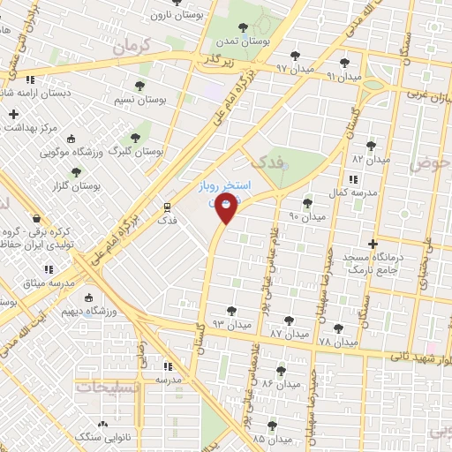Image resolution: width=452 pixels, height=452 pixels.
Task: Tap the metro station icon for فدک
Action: [x=165, y=207]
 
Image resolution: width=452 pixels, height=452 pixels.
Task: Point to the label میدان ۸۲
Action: [x=371, y=159]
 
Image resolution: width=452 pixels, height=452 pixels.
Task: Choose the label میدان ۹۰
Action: [x=307, y=215]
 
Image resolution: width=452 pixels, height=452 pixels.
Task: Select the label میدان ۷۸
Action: [x=338, y=341]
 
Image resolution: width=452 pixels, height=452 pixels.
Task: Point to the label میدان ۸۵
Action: [x=271, y=438]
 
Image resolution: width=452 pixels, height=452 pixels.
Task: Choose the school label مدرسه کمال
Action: [x=355, y=192]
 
